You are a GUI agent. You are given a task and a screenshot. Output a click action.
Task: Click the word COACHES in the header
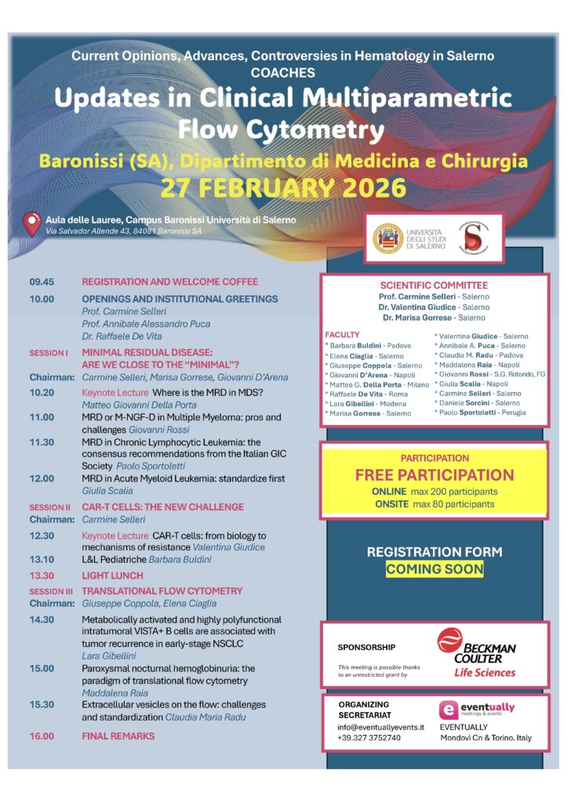tap(283, 72)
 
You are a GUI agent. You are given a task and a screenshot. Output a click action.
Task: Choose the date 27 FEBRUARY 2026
tap(283, 188)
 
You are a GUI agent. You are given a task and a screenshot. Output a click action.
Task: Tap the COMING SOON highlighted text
tap(434, 569)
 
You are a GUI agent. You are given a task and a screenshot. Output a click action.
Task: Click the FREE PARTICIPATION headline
tap(434, 475)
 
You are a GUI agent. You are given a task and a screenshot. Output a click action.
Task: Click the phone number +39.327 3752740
tap(369, 737)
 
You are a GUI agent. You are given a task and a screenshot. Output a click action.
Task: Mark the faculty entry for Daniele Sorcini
tap(476, 401)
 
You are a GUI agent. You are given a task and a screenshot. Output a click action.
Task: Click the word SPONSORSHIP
tap(366, 647)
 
